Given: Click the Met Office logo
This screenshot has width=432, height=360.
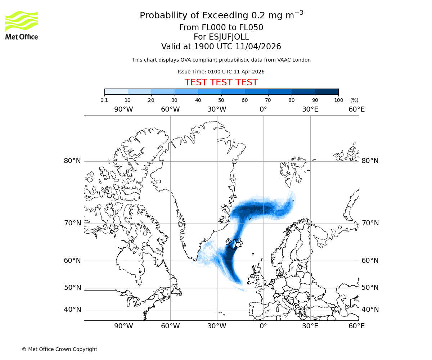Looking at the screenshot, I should pos(22,25).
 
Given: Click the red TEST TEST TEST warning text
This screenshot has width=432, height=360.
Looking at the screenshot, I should pos(221,82).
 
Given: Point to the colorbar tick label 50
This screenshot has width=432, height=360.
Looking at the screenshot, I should pos(221,100).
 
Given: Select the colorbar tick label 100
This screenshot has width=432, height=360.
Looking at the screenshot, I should pos(338,100).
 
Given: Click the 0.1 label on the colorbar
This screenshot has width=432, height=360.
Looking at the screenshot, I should pos(104,100).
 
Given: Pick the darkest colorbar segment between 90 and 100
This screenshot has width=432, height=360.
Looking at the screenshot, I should pos(327,91).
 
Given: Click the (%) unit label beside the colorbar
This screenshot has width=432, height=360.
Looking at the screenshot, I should pos(354,100).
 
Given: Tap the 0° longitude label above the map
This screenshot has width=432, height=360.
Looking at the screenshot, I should pos(263,109).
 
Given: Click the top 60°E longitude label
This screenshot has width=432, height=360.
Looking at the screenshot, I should pos(356,109).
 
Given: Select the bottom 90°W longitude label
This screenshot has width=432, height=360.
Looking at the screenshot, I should pos(123,326).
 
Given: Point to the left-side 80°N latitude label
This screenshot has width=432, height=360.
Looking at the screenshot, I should pos(72,161).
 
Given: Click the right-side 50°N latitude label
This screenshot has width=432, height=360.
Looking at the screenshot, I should pos(370,287).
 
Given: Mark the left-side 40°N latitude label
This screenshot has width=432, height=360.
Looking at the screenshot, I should pos(72,310).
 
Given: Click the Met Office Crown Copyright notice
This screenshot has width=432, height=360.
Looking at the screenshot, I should pos(59,349).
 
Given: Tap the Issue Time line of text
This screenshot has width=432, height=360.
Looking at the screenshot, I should pos(221,72).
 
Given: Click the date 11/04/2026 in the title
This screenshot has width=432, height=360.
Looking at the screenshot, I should pos(258,46).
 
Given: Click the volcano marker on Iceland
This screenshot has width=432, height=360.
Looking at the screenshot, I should pos(238,244).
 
